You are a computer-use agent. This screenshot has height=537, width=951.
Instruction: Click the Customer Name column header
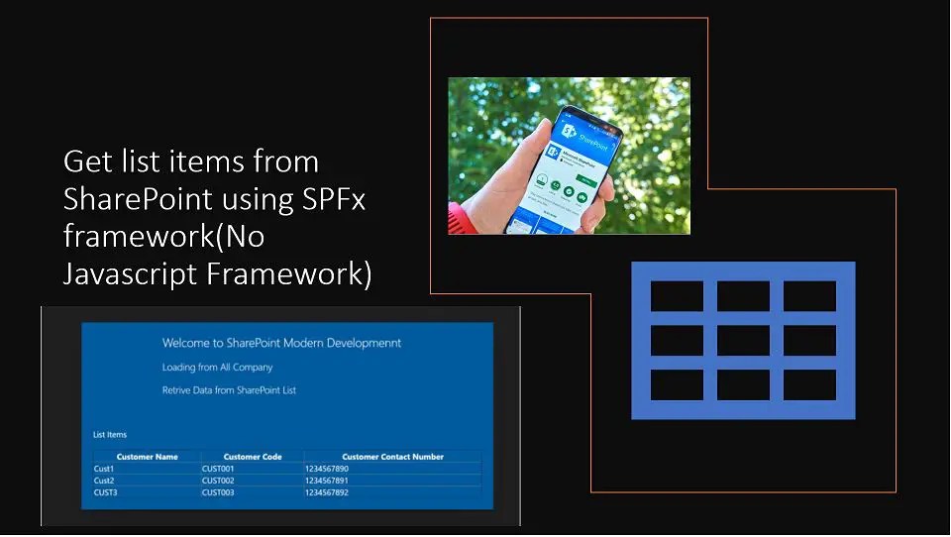(147, 457)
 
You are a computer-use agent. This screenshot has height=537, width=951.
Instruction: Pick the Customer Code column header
(253, 457)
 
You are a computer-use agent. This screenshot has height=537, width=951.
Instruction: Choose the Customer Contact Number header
(392, 457)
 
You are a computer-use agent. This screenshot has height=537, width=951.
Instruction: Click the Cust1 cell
(104, 469)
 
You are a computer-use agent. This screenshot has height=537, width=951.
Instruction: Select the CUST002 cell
(218, 481)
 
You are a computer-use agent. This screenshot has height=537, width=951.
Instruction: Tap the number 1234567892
(327, 492)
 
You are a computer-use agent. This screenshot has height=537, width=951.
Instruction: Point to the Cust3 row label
(105, 492)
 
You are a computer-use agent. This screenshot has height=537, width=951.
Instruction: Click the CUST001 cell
(218, 469)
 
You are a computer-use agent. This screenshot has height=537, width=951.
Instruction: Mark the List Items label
(110, 435)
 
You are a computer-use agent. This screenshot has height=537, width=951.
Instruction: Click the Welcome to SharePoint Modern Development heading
(281, 344)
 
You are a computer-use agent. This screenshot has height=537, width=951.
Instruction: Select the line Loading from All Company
(217, 368)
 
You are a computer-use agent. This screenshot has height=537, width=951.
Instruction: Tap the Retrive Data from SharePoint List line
(229, 390)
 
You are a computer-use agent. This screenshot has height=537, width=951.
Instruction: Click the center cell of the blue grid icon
(743, 341)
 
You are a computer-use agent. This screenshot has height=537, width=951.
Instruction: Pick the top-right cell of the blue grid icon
(809, 296)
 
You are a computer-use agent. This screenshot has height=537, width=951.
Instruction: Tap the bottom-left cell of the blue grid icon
(677, 385)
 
